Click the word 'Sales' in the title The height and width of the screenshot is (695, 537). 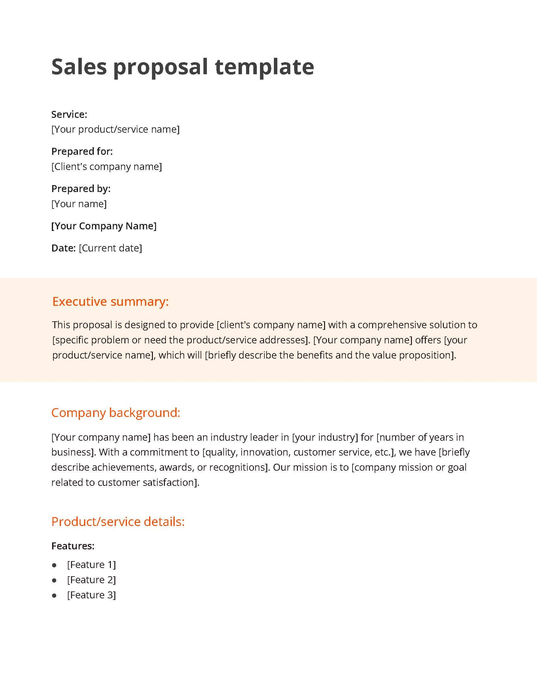pos(79,67)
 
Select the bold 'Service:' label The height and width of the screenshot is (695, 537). pos(69,114)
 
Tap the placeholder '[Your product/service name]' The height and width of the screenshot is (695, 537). pos(116,129)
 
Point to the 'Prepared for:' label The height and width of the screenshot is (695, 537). pos(82,151)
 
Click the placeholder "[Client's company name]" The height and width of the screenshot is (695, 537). pos(106,166)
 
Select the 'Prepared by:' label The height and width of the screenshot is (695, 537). pos(81,189)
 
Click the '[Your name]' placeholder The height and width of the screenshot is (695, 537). pos(79,204)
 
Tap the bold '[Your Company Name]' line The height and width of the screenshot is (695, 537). pos(104,226)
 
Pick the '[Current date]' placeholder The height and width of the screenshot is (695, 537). pos(110,248)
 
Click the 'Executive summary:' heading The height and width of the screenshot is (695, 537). pos(110,301)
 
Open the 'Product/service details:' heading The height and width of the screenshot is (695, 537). pos(118,522)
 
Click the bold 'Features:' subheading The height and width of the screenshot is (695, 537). pos(73,546)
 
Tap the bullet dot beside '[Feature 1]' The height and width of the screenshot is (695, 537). pos(54,565)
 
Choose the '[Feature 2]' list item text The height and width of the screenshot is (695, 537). pos(91,580)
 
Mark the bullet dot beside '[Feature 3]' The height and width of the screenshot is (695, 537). pos(54,595)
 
